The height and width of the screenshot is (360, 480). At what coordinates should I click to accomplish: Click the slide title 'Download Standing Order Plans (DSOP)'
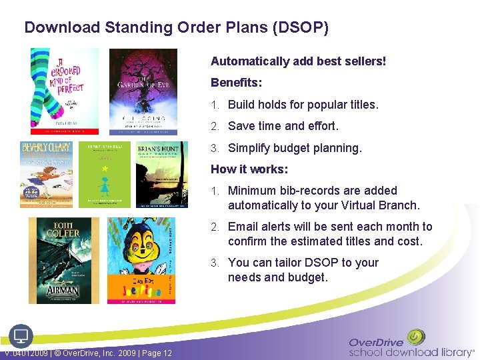pos(176,28)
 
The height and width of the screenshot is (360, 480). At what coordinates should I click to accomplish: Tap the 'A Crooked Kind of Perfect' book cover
pos(64,91)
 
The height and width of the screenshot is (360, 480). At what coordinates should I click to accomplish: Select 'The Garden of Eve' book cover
pos(143,91)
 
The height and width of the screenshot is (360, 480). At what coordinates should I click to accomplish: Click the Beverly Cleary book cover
pos(46,174)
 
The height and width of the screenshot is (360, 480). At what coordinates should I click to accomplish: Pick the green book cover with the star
pos(105,174)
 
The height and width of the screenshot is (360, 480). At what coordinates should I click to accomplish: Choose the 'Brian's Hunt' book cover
pos(162,174)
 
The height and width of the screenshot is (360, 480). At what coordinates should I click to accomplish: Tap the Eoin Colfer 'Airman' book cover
pos(64,261)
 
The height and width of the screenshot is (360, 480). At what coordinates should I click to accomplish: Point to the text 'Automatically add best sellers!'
pos(298,61)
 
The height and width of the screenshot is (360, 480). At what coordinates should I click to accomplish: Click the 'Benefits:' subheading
pos(236,83)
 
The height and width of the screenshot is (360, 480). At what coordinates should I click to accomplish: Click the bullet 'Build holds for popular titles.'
pos(303,105)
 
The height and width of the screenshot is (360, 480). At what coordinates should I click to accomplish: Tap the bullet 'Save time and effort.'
pos(283,126)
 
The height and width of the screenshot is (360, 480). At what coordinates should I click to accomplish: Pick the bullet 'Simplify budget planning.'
pos(295,148)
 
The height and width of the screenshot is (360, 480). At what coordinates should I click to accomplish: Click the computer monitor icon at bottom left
pos(20,335)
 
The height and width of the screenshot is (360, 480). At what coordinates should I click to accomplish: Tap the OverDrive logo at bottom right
pos(411,344)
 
